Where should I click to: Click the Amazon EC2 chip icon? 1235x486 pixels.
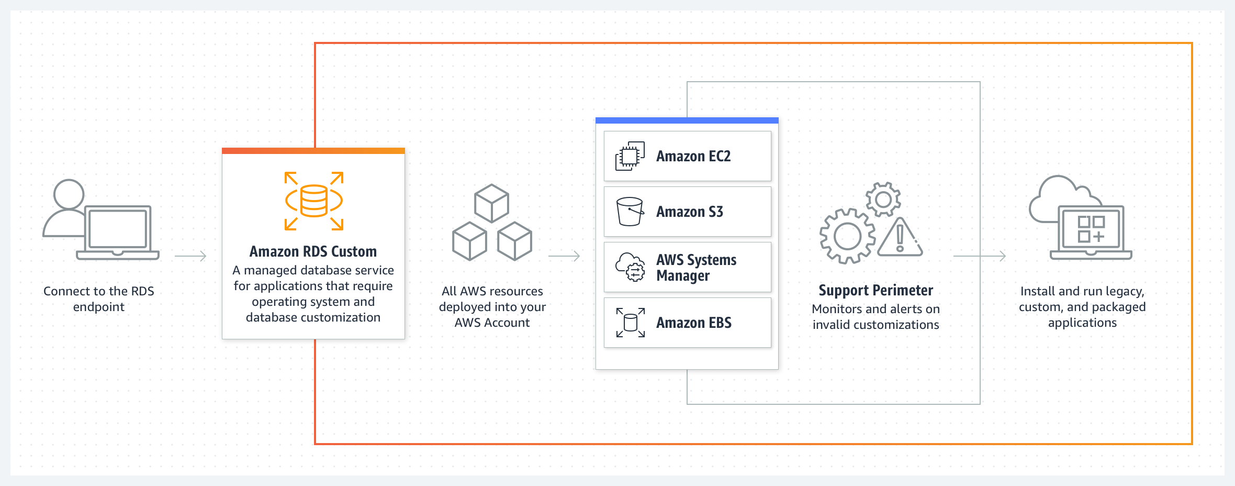coord(630,156)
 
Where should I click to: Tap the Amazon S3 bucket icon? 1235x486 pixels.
coord(630,212)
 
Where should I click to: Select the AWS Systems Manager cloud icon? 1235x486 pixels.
coord(630,267)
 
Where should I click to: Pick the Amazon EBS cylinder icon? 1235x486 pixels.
coord(630,323)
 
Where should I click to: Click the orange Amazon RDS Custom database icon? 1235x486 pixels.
coord(313,201)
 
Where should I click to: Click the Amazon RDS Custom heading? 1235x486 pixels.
coord(313,252)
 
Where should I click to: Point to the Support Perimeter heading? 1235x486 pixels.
coord(875,291)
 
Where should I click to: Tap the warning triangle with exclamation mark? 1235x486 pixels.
coord(900,239)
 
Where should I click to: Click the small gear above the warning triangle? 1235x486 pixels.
coord(883,200)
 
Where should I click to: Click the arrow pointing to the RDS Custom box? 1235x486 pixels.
coord(191,256)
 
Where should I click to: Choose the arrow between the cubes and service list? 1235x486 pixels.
coord(564,256)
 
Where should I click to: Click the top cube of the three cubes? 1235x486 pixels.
coord(491,203)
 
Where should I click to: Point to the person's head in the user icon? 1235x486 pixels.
coord(69,194)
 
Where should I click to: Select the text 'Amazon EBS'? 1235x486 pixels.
coord(694,323)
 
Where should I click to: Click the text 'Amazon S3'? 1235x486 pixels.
coord(690,212)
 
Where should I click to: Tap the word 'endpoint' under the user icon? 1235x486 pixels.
coord(98,307)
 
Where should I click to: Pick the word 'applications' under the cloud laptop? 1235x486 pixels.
coord(1082,323)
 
